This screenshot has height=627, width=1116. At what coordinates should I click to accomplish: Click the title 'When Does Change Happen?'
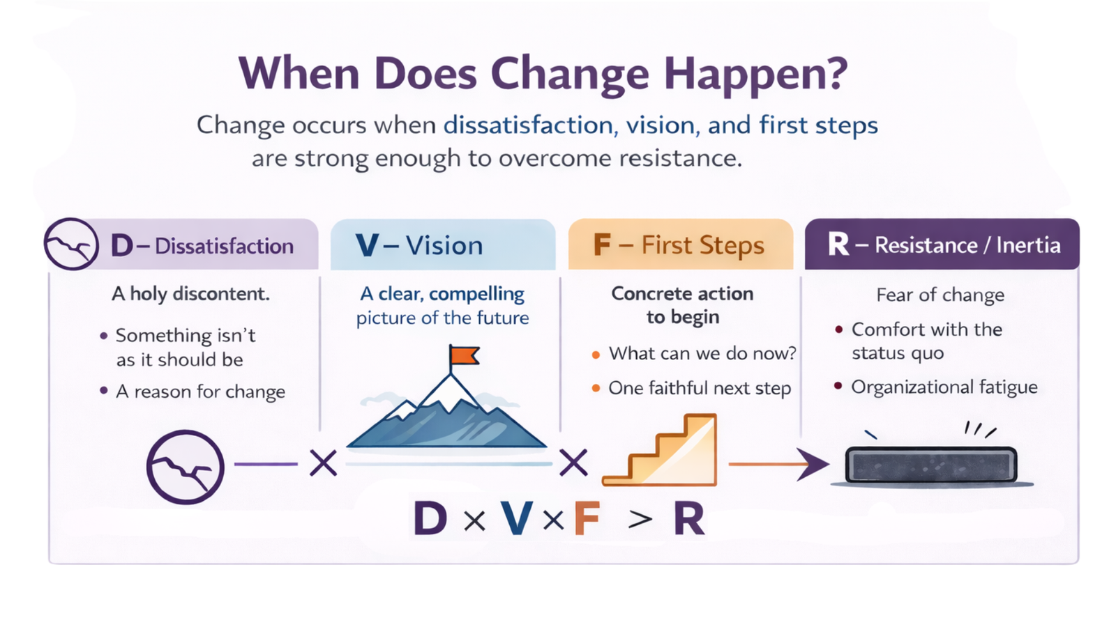[543, 73]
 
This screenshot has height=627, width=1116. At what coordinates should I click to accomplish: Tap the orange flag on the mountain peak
[464, 356]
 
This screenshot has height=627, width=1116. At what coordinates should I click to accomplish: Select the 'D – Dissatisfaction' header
[202, 246]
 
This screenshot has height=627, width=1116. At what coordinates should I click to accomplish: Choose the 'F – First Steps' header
[679, 245]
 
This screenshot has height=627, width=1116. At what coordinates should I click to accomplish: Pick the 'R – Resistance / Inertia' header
[943, 245]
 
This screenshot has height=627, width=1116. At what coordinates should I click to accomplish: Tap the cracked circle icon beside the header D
[70, 245]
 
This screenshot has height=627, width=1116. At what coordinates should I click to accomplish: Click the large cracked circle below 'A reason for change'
[185, 467]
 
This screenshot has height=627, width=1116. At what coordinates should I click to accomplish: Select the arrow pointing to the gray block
[778, 464]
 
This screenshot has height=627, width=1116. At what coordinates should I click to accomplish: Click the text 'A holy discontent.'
[190, 294]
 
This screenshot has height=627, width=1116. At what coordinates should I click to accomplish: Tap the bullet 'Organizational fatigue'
[944, 387]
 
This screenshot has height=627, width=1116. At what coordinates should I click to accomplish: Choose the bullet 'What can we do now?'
[702, 354]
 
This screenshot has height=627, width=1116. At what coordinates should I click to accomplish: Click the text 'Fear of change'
[940, 295]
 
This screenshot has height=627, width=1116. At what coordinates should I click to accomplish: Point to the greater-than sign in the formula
[640, 519]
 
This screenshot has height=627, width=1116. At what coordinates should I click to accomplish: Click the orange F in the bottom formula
[587, 519]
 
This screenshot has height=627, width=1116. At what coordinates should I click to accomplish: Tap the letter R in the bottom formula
[689, 519]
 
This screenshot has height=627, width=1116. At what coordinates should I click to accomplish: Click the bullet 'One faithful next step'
[699, 388]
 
